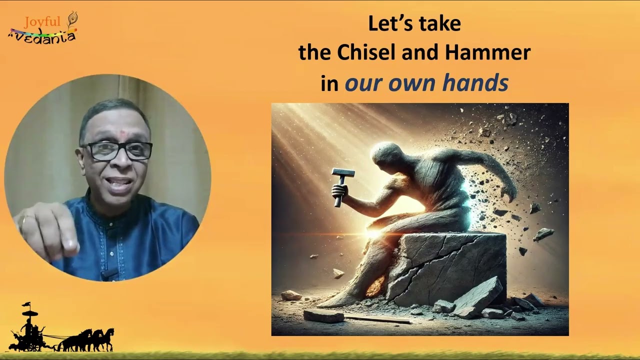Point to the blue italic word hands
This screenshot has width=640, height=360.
475,82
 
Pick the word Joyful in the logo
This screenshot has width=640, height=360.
42,21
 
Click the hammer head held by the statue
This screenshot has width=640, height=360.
343,173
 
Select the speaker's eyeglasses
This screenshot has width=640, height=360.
117,150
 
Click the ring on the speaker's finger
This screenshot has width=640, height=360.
23,221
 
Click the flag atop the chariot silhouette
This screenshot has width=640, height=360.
26,304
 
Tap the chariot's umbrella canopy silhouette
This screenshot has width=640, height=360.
30,313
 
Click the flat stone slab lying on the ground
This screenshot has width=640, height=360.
323,315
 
